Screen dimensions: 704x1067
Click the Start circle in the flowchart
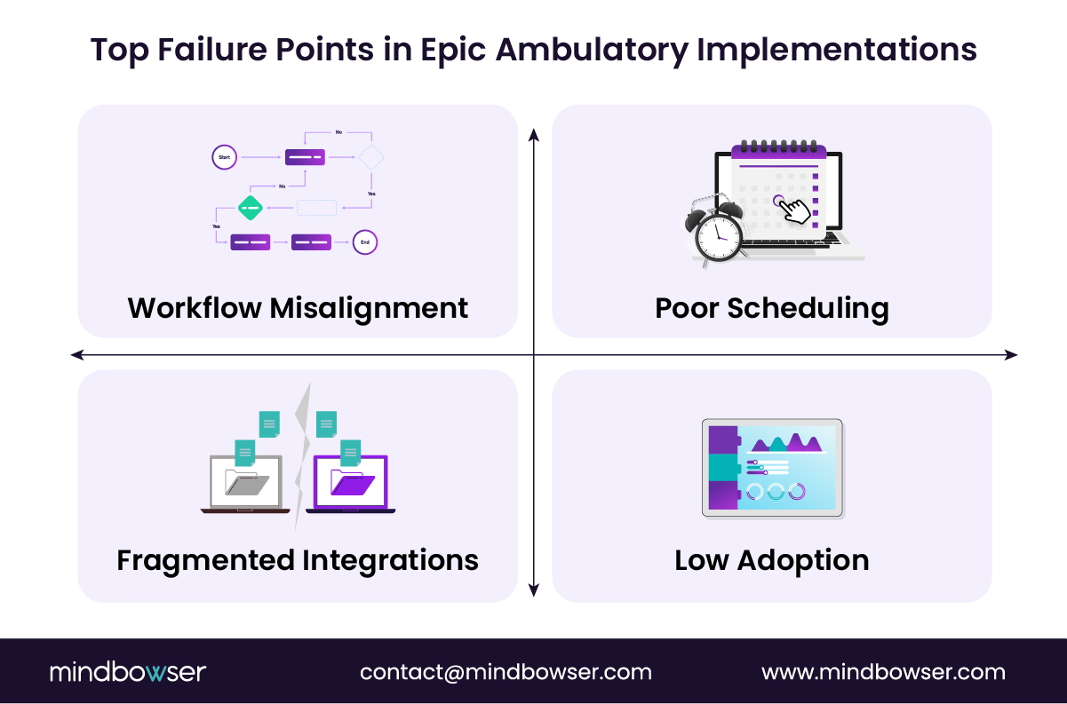[225, 157]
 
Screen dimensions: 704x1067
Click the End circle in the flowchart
[364, 241]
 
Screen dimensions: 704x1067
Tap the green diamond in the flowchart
[251, 208]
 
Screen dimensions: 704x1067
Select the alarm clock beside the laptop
[716, 233]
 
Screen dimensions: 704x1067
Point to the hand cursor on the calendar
[793, 210]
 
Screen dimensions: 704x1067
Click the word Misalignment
[369, 308]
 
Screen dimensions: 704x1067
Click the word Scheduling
[808, 308]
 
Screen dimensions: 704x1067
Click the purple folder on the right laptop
[352, 482]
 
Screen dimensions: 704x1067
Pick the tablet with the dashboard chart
[772, 467]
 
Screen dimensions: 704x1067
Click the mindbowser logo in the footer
[127, 672]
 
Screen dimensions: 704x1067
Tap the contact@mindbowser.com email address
[506, 672]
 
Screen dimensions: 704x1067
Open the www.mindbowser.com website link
[883, 672]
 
